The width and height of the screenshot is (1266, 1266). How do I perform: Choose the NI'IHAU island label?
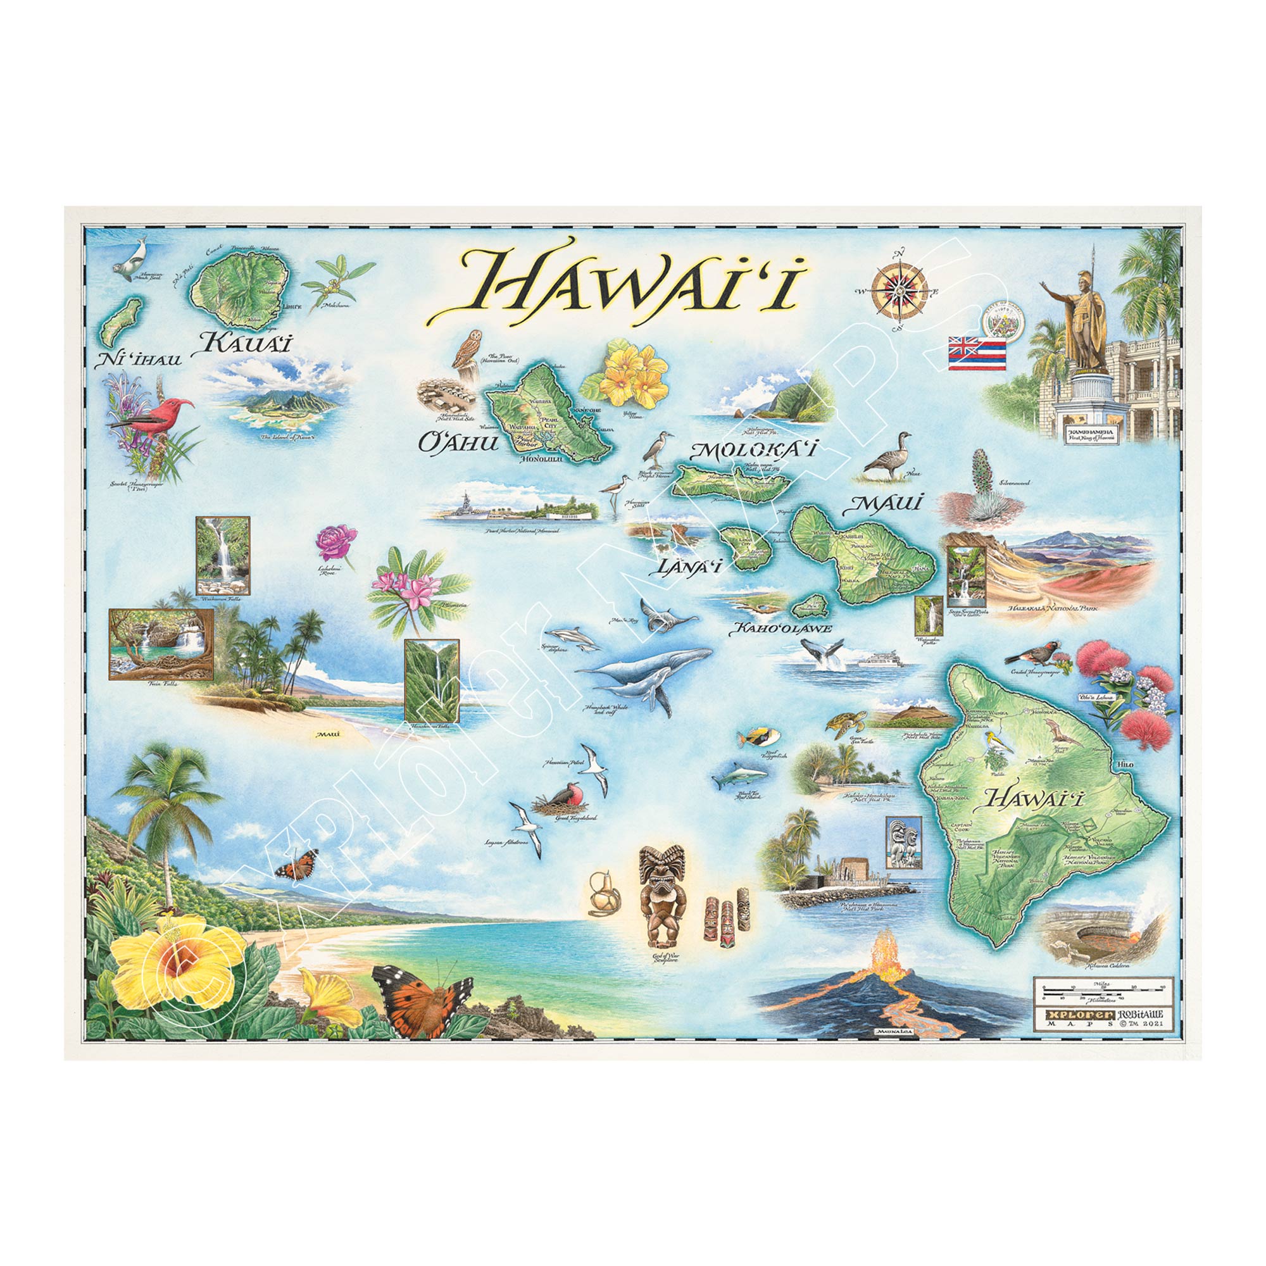coord(138,358)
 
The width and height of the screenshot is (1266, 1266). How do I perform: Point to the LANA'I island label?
coord(684,567)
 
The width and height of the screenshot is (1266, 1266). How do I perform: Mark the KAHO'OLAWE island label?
coord(780,629)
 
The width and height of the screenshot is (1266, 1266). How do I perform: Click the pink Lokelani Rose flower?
coord(336,542)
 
